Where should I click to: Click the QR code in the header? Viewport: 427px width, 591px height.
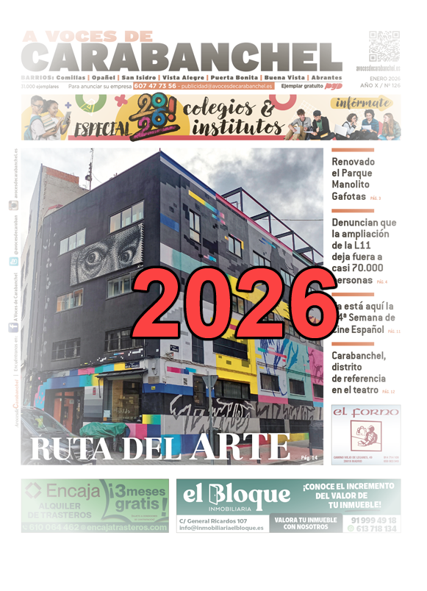(383, 46)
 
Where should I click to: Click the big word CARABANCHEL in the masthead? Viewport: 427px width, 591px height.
(182, 58)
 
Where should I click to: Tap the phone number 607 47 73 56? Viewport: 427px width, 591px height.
(154, 86)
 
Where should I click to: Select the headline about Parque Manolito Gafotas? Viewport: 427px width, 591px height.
(354, 179)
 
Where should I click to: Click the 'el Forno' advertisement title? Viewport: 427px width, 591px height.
(366, 413)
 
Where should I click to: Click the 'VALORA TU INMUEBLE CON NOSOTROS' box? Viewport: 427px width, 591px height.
(306, 523)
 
